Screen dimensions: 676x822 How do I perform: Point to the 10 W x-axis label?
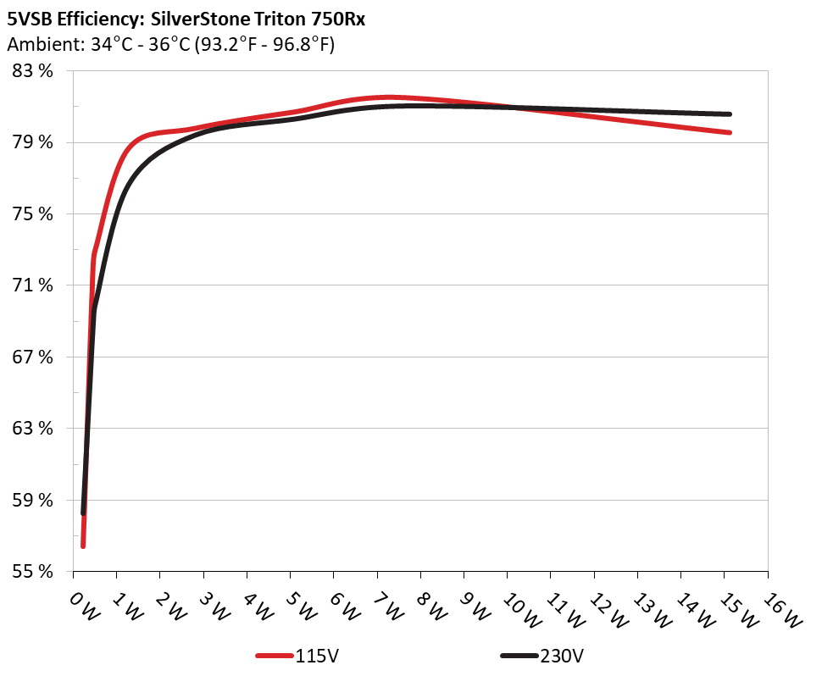click(x=515, y=607)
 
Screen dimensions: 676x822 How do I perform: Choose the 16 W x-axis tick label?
click(x=775, y=607)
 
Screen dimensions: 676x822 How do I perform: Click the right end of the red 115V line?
click(x=729, y=132)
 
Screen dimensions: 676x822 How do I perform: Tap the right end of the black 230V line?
click(x=729, y=114)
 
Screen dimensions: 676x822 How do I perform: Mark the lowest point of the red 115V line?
click(x=83, y=546)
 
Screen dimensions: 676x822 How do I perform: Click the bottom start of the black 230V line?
click(x=83, y=513)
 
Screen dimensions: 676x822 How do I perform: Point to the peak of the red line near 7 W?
click(x=389, y=97)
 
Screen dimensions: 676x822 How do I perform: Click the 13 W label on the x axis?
click(x=646, y=607)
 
